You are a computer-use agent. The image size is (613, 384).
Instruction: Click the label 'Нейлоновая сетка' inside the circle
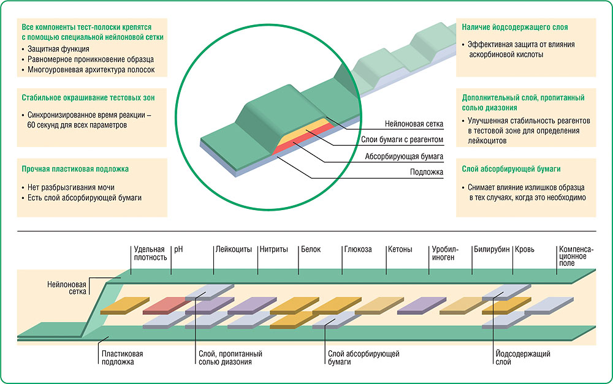point(414,124)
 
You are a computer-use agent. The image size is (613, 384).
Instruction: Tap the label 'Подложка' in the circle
point(427,172)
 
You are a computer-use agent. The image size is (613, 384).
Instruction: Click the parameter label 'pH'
point(179,249)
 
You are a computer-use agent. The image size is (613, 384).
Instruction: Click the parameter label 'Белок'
point(311,249)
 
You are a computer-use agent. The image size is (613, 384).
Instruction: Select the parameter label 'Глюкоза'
point(358,249)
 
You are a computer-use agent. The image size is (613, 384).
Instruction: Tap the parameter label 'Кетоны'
point(400,249)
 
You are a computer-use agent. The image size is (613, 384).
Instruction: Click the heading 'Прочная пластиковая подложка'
point(75,168)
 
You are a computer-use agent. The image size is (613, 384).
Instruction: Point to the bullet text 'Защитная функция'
point(59,48)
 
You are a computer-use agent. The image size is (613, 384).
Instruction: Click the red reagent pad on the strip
point(167,305)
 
